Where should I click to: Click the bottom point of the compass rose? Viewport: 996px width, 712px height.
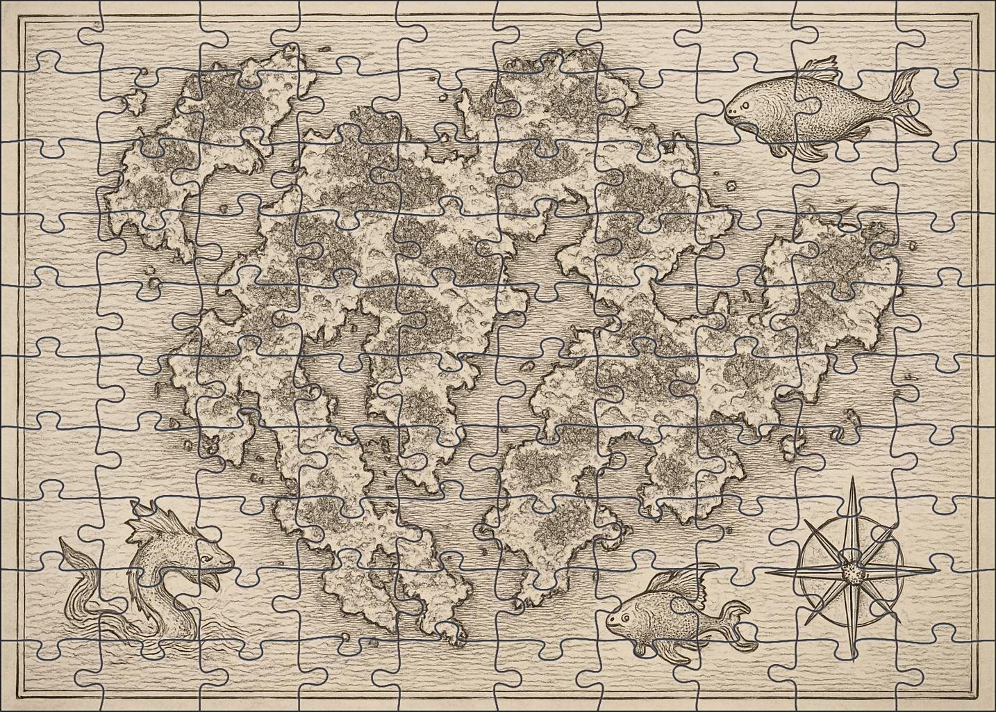(x=852, y=657)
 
